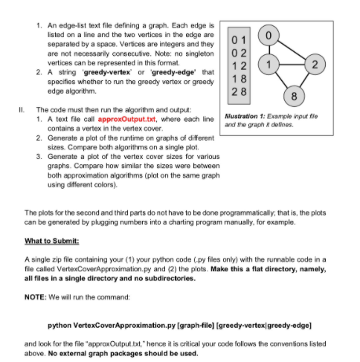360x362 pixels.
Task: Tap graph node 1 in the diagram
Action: [x=269, y=65]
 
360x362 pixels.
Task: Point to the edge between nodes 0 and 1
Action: [x=269, y=51]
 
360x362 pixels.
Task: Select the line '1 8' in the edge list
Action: [x=237, y=78]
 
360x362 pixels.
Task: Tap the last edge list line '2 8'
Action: [x=237, y=91]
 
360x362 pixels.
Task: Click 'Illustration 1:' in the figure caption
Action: [x=244, y=117]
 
